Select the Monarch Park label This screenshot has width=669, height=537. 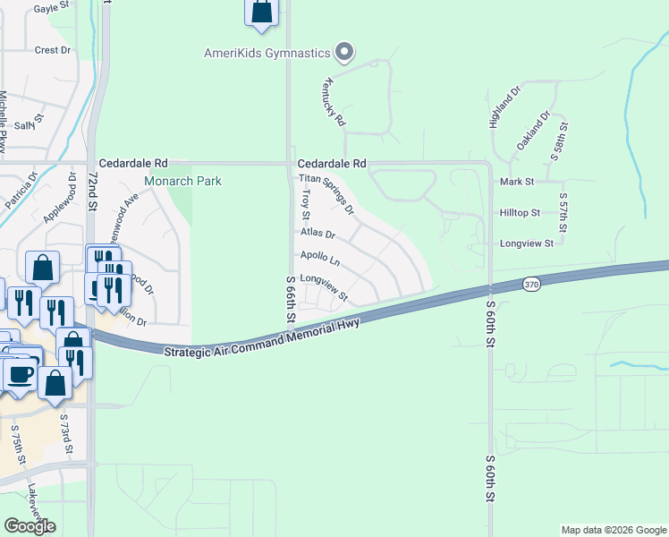point(182,181)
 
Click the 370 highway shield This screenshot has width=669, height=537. point(532,284)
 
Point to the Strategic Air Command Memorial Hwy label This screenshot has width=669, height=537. point(261,337)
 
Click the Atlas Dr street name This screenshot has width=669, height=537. point(317,234)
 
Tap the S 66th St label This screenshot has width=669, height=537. point(291,299)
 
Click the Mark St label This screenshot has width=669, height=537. point(517,181)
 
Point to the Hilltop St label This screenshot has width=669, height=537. point(520,213)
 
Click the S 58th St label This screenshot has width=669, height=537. point(555,139)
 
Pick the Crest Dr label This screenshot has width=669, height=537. point(52,50)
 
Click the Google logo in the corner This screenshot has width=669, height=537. point(30,526)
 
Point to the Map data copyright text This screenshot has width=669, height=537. point(613,530)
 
